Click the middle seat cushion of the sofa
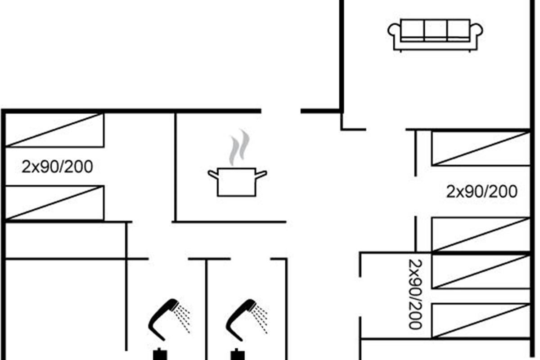[435, 30]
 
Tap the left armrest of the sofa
[394, 31]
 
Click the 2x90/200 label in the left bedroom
[57, 167]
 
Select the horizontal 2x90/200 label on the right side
[482, 192]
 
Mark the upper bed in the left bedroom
[54, 130]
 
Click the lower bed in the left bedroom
[54, 203]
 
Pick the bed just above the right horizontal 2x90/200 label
[481, 148]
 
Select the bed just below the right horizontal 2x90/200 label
[481, 234]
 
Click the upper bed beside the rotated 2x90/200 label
[481, 271]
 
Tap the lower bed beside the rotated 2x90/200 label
[481, 320]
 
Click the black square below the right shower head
[236, 355]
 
